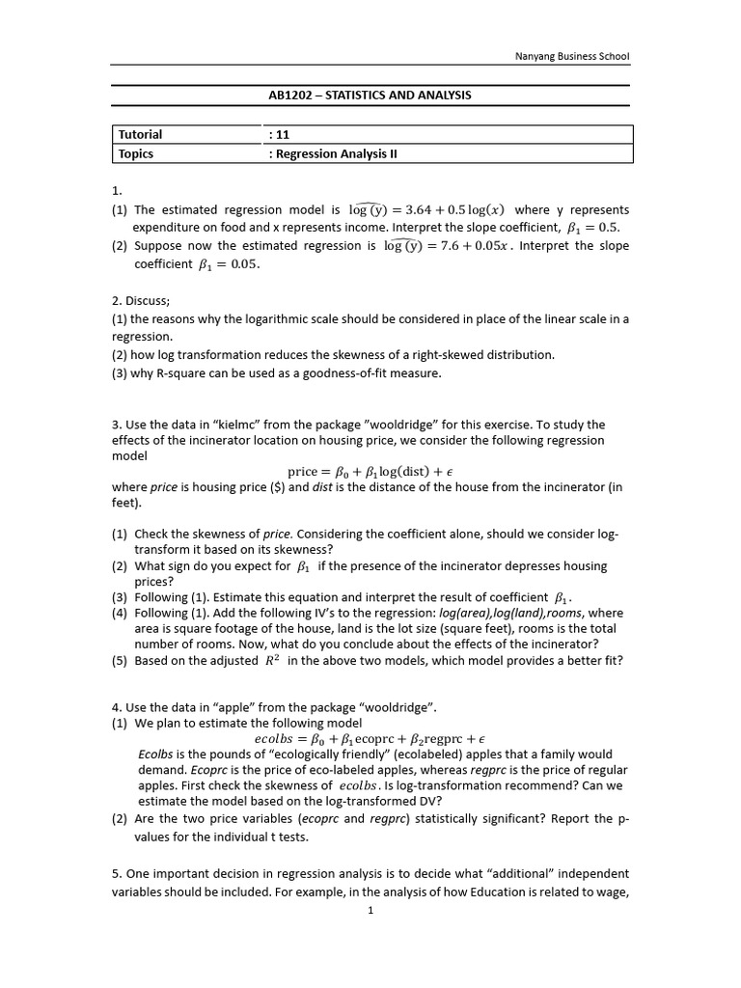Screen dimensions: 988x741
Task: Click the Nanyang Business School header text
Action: point(569,56)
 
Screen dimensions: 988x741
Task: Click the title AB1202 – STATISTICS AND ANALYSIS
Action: point(370,96)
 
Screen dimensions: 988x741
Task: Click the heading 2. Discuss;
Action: point(141,300)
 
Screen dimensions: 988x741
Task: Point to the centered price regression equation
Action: point(370,471)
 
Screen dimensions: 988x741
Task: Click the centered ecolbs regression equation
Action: point(370,738)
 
